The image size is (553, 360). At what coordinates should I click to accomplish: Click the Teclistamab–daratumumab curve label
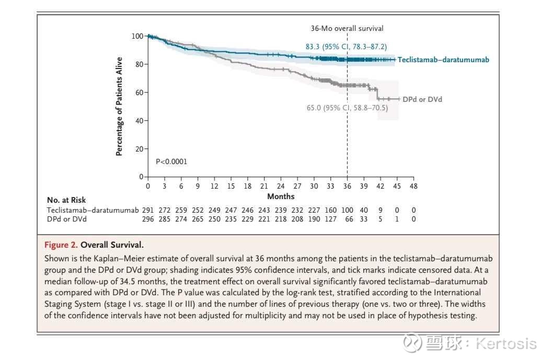pos(443,60)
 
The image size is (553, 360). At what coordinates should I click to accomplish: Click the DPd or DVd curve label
pos(422,99)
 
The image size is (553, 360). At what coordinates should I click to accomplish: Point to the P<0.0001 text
pos(171,161)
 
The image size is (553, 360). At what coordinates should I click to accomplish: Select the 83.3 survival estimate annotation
pos(346,47)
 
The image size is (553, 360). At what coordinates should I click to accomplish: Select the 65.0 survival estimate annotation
pos(347,108)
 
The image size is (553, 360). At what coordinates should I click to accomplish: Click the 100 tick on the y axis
pos(137,36)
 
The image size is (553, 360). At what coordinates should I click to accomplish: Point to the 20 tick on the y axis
pos(139,149)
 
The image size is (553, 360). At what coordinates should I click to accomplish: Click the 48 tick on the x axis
pos(413,186)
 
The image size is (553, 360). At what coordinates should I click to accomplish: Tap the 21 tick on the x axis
pos(264,186)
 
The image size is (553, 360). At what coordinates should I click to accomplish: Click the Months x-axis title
pos(281,196)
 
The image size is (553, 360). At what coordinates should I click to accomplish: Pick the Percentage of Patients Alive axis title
pos(119,106)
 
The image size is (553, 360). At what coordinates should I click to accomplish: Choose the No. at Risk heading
pos(66,200)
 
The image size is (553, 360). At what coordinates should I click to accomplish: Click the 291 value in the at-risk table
pos(148,210)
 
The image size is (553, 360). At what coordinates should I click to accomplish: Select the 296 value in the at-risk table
pos(148,219)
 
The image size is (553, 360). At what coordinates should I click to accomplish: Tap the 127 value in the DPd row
pos(330,219)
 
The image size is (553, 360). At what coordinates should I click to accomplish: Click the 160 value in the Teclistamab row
pos(330,210)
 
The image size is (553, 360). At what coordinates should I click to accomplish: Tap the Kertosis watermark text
pos(506,343)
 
